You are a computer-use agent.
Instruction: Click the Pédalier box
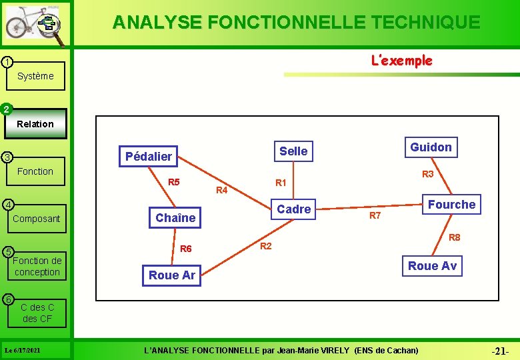pos(149,157)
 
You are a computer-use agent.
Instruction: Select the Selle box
pos(293,151)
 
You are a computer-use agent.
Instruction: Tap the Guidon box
pos(431,147)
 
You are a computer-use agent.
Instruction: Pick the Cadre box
pos(294,209)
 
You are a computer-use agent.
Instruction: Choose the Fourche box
pos(451,205)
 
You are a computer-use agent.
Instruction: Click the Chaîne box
pos(175,217)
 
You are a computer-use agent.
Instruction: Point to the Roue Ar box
pos(172,275)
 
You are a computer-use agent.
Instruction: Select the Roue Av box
pos(432,266)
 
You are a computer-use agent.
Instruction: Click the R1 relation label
pos(281,183)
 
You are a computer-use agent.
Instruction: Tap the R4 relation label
pos(223,191)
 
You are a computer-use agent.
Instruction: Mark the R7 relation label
pos(375,215)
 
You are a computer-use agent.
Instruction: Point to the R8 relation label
pos(454,237)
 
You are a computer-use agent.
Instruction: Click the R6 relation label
pos(186,249)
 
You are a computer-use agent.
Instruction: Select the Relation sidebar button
pos(35,124)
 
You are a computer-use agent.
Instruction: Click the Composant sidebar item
pos(36,219)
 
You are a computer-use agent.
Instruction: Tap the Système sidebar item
pos(35,76)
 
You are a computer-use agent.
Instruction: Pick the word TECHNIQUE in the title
pos(423,22)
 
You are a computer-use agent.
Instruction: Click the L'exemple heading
pos(401,61)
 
